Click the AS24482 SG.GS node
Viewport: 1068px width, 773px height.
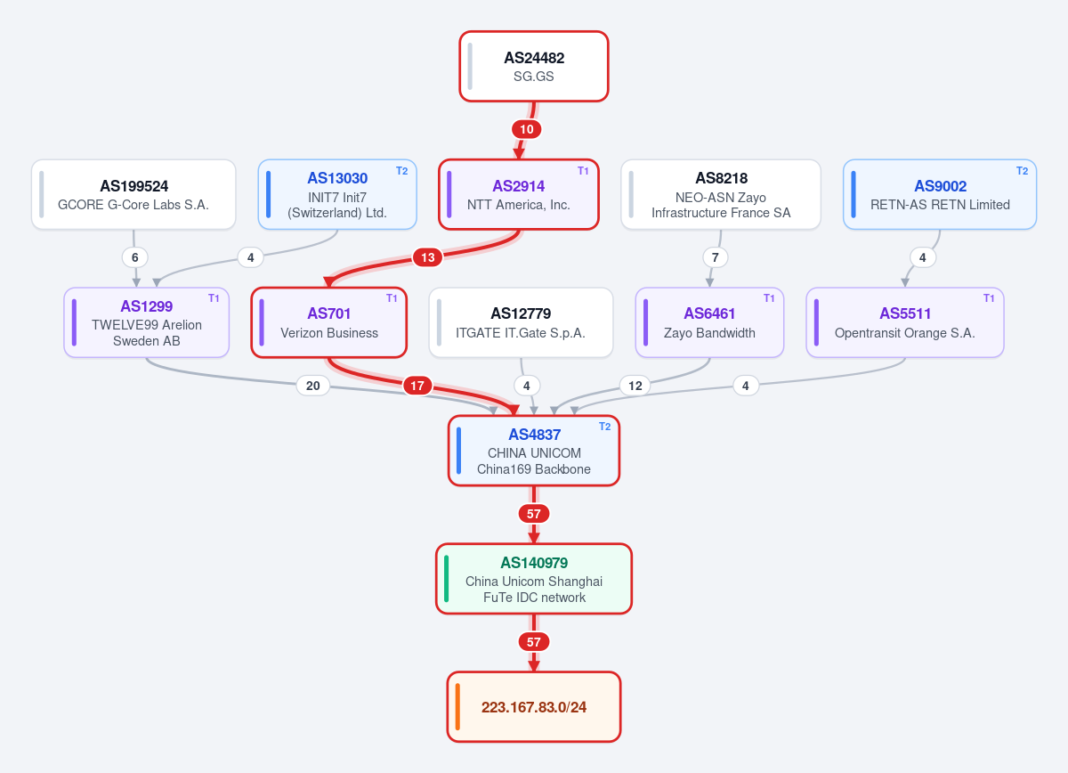tap(533, 66)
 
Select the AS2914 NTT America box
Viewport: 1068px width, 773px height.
tap(519, 195)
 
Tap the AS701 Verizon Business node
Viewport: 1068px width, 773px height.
tap(329, 322)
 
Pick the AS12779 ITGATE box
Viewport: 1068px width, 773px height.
tap(521, 322)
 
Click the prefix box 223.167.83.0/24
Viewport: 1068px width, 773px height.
tap(533, 707)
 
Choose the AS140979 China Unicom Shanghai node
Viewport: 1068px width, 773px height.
tap(533, 579)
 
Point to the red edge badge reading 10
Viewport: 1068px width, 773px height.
tap(526, 129)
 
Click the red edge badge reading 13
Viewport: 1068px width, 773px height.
tap(428, 257)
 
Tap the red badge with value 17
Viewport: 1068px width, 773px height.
tap(417, 386)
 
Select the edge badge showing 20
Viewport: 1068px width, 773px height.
tap(312, 386)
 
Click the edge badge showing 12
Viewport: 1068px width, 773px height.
tap(635, 386)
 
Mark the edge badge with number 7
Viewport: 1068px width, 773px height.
tap(716, 257)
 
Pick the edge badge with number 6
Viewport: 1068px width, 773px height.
tap(135, 257)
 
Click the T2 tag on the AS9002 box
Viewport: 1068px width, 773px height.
tap(1022, 171)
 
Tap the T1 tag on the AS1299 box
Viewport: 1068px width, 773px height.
tap(214, 298)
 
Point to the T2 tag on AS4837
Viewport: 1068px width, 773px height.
tap(604, 427)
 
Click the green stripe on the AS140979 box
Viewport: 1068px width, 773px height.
tap(446, 579)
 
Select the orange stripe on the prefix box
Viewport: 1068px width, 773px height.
tap(457, 707)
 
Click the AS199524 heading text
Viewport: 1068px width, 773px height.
tap(134, 186)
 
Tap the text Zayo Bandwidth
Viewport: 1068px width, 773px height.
tap(709, 333)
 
